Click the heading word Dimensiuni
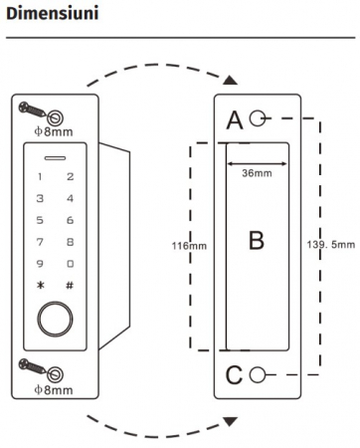[53, 14]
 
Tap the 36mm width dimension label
[257, 173]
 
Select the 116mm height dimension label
[189, 246]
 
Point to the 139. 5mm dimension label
[331, 245]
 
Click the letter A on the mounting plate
[235, 120]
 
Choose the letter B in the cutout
[257, 241]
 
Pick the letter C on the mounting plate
[234, 375]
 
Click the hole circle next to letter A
[258, 118]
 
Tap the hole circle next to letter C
[258, 375]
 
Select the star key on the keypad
[41, 285]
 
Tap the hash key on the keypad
[70, 285]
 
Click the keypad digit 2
[70, 176]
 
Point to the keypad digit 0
[70, 264]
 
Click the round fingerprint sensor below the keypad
[55, 320]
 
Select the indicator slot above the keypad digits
[55, 158]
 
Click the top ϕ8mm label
[54, 131]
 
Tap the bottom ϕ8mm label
[54, 389]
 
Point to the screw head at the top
[25, 107]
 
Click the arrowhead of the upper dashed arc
[230, 80]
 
